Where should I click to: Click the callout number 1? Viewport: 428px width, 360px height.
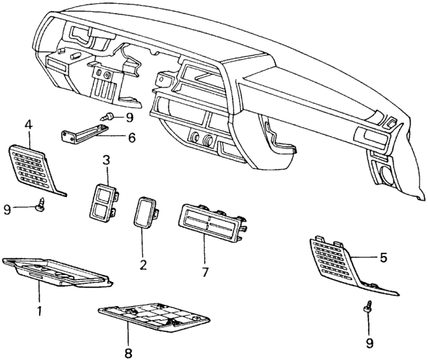click(x=39, y=311)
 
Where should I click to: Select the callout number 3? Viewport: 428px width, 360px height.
click(x=106, y=159)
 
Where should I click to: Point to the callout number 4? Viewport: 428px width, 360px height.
click(x=28, y=122)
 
